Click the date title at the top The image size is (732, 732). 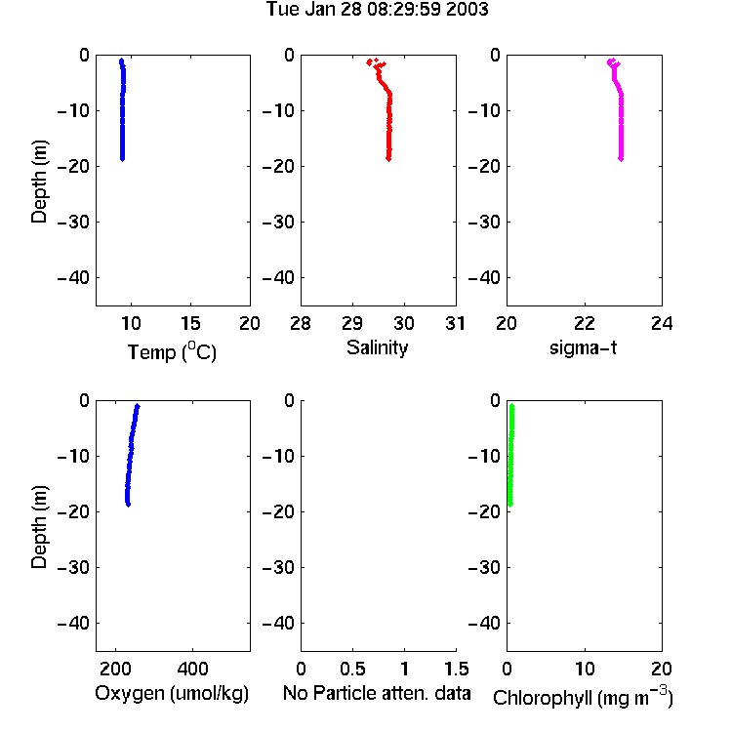click(377, 9)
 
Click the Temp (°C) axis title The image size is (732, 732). click(172, 351)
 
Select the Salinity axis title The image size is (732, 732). click(377, 347)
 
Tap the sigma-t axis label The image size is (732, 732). click(583, 347)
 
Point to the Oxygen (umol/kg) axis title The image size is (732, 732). click(172, 693)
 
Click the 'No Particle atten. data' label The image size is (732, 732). click(377, 693)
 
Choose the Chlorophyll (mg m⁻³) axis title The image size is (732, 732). click(583, 697)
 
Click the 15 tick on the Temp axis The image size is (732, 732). click(190, 323)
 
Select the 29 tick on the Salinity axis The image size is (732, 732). click(352, 323)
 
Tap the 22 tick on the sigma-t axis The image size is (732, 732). click(585, 323)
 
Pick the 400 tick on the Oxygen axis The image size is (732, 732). click(192, 669)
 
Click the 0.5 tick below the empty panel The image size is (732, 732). click(352, 669)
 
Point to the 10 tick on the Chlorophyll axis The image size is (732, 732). click(585, 669)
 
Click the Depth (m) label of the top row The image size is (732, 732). click(39, 182)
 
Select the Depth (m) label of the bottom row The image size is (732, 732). click(39, 527)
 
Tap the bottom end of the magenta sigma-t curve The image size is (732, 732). click(621, 159)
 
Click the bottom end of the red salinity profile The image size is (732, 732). click(388, 159)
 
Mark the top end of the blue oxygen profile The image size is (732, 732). click(138, 406)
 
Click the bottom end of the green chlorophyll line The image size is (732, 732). click(510, 505)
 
